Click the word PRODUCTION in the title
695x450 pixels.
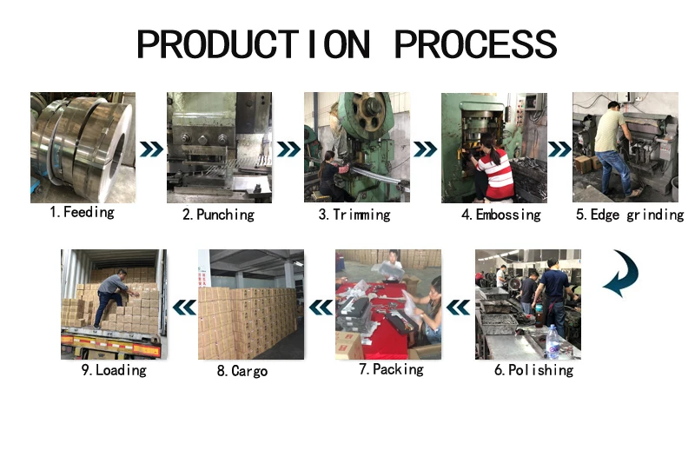253,44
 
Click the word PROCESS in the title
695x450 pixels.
475,44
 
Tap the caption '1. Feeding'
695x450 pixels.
82,212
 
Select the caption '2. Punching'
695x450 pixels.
219,215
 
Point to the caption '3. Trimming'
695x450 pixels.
354,215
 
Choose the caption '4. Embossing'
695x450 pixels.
501,215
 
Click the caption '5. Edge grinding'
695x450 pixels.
630,215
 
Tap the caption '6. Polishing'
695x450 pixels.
533,370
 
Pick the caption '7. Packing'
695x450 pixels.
391,369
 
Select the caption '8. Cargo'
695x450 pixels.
242,371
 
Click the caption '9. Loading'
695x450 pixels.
114,370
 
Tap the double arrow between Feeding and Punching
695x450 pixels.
151,149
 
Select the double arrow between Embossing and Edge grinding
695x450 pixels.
559,149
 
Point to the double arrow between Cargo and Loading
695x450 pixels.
184,308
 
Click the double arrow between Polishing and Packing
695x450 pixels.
458,308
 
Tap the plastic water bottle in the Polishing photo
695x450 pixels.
552,341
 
